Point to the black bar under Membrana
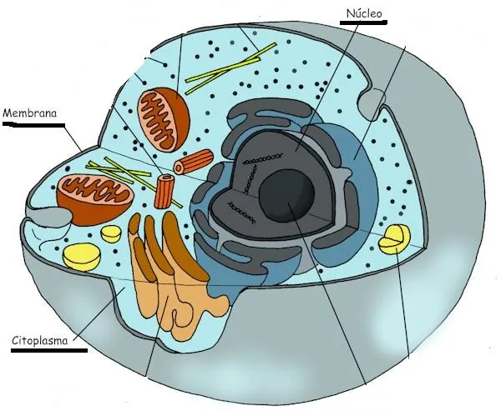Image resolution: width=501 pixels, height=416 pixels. [33, 125]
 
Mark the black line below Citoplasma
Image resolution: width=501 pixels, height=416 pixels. [48, 351]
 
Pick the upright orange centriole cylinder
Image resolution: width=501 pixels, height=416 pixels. [167, 191]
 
